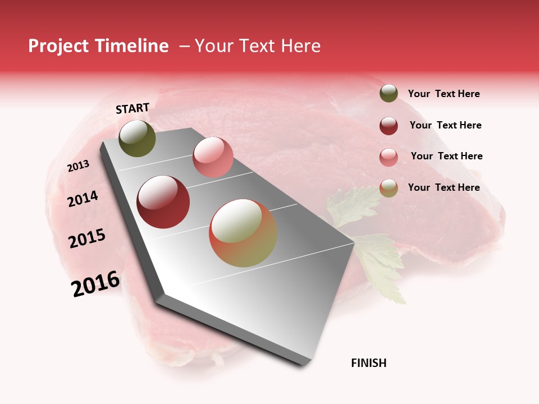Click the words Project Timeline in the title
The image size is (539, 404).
tap(98, 46)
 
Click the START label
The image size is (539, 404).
tap(133, 108)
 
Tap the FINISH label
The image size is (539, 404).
tap(368, 363)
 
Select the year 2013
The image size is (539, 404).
tap(78, 166)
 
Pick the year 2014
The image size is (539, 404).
tap(83, 199)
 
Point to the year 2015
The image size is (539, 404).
tap(87, 238)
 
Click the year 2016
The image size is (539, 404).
tap(95, 284)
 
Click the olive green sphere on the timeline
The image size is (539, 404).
tap(137, 138)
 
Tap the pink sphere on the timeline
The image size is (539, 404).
tap(213, 157)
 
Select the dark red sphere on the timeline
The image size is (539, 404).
tap(163, 202)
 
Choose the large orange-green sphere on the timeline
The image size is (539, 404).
tap(243, 233)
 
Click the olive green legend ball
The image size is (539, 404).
tap(389, 93)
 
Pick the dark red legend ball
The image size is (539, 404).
tap(389, 126)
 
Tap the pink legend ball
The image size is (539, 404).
tap(389, 157)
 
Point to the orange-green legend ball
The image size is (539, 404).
tap(389, 188)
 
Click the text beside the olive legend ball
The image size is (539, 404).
tap(444, 94)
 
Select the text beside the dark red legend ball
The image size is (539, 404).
tap(445, 125)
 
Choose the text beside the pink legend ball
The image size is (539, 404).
tap(446, 156)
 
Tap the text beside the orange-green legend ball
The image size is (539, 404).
tap(444, 187)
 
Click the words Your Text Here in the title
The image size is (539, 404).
tap(257, 46)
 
